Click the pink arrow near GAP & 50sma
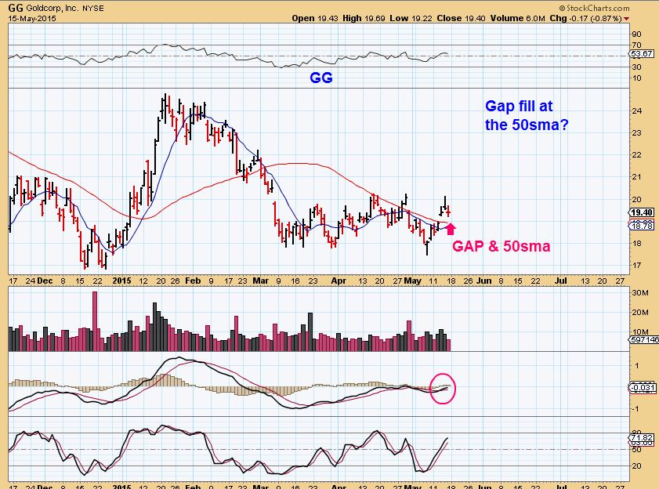tap(451, 230)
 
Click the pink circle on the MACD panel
tap(443, 387)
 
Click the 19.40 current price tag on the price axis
tap(642, 212)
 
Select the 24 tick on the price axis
tap(635, 110)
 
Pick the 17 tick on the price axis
tap(635, 266)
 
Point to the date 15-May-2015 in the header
tap(27, 17)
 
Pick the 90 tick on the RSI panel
tap(635, 34)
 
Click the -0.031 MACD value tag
tap(643, 387)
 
